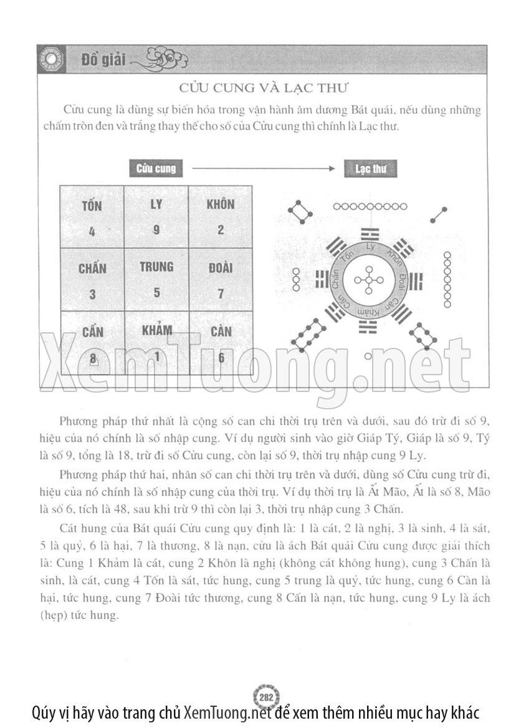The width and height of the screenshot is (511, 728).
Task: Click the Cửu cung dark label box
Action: tap(156, 169)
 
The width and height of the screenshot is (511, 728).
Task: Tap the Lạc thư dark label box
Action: tap(370, 169)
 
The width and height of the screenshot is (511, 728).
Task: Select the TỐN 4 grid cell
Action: tap(92, 217)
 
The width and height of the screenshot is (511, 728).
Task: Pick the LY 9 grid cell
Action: tap(156, 217)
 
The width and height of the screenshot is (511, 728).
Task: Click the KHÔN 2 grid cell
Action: tap(221, 217)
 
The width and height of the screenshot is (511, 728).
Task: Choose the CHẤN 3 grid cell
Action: tap(92, 280)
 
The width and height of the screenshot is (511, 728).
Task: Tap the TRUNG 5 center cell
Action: tap(156, 280)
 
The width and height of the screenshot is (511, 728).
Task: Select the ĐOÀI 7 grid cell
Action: tap(221, 280)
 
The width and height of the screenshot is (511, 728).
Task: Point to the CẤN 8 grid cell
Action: tap(92, 343)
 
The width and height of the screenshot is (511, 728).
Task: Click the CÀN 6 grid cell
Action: tap(221, 343)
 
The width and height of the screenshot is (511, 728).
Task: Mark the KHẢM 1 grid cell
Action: tap(156, 343)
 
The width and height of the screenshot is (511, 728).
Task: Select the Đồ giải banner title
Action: tap(103, 60)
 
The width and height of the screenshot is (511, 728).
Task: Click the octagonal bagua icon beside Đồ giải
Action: tap(49, 61)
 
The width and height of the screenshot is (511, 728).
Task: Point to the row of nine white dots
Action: tap(370, 207)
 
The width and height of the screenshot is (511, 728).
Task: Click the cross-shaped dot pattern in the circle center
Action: tap(370, 281)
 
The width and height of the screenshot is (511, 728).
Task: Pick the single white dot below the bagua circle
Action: tap(368, 356)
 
